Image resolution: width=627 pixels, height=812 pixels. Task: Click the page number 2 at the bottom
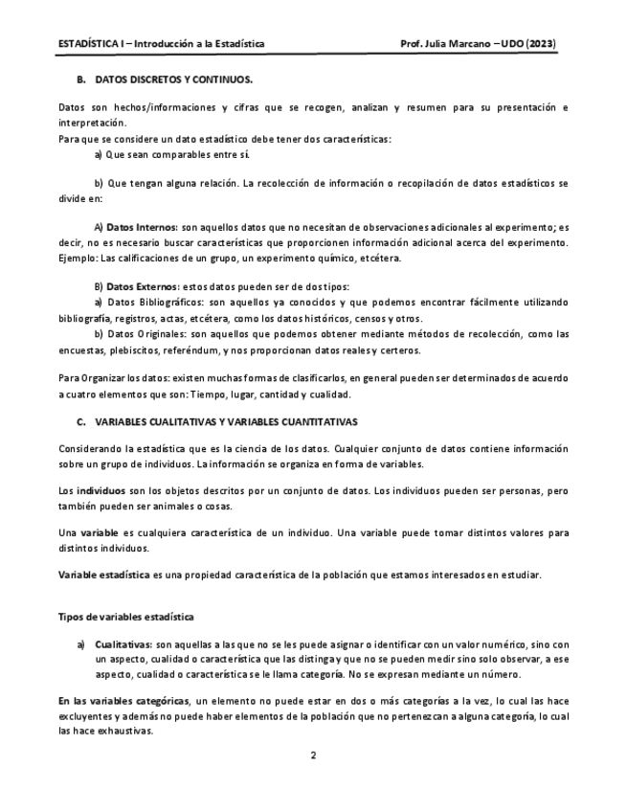tap(313, 756)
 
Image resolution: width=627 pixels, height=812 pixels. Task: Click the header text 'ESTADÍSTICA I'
tap(93, 45)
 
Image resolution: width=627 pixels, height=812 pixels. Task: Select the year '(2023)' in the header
tap(542, 45)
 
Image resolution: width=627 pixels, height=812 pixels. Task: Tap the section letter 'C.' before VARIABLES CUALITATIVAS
tap(81, 421)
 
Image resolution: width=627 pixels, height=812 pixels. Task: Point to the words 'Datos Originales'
tap(147, 334)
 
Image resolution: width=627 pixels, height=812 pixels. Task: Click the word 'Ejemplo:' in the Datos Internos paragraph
tap(78, 258)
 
